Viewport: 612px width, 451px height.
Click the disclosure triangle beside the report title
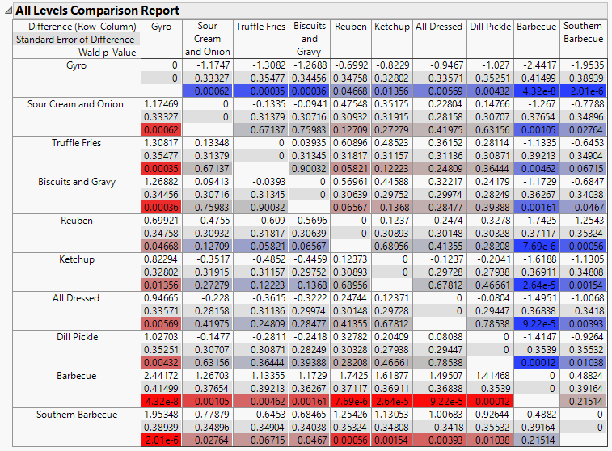pyautogui.click(x=8, y=11)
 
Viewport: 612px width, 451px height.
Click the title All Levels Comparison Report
pyautogui.click(x=97, y=11)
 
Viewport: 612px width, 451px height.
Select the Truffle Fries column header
pyautogui.click(x=261, y=27)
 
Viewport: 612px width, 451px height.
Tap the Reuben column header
pyautogui.click(x=350, y=27)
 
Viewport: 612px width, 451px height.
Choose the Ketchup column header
pyautogui.click(x=391, y=27)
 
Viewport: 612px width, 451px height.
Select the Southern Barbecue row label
pyautogui.click(x=77, y=415)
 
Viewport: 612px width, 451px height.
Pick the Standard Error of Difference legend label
pyautogui.click(x=75, y=40)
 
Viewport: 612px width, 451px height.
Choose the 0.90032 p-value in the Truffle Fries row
pyautogui.click(x=310, y=169)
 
